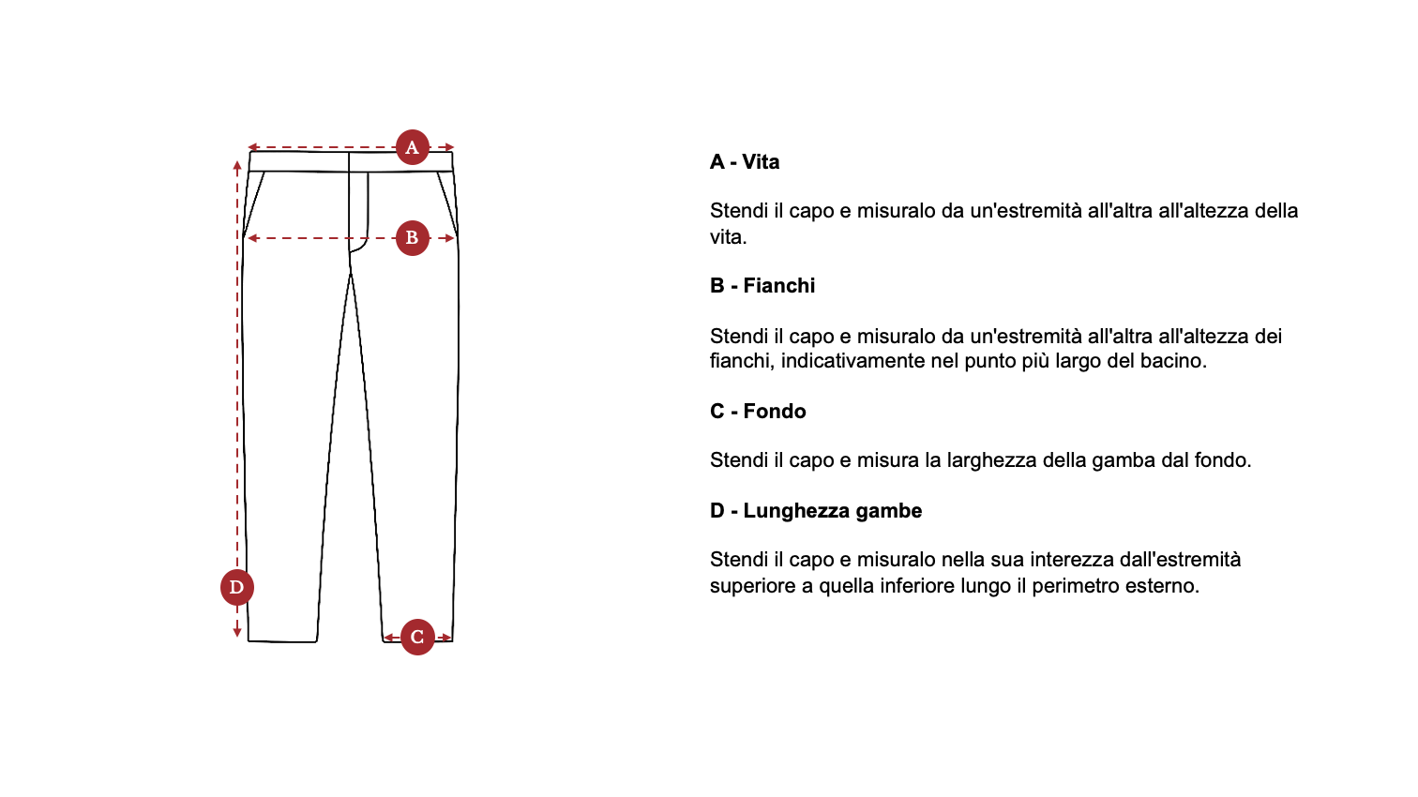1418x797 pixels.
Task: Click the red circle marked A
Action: click(413, 147)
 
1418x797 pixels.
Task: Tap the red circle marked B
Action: click(413, 238)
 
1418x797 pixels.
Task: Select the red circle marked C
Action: click(417, 638)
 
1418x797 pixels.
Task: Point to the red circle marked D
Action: click(236, 588)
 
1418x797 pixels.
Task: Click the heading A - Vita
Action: click(745, 162)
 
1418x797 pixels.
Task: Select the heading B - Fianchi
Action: click(762, 286)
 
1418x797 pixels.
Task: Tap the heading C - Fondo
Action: click(758, 412)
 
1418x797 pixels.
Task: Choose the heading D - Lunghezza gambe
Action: click(816, 511)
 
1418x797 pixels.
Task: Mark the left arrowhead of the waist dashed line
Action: click(252, 147)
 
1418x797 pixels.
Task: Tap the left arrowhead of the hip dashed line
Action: click(251, 238)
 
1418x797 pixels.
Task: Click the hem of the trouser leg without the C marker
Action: click(282, 641)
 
